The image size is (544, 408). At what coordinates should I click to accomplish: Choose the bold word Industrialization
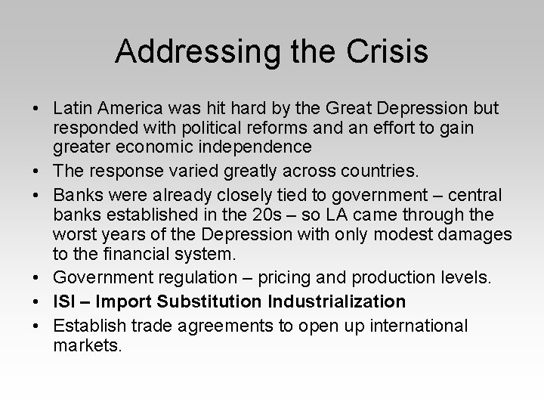click(x=338, y=301)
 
